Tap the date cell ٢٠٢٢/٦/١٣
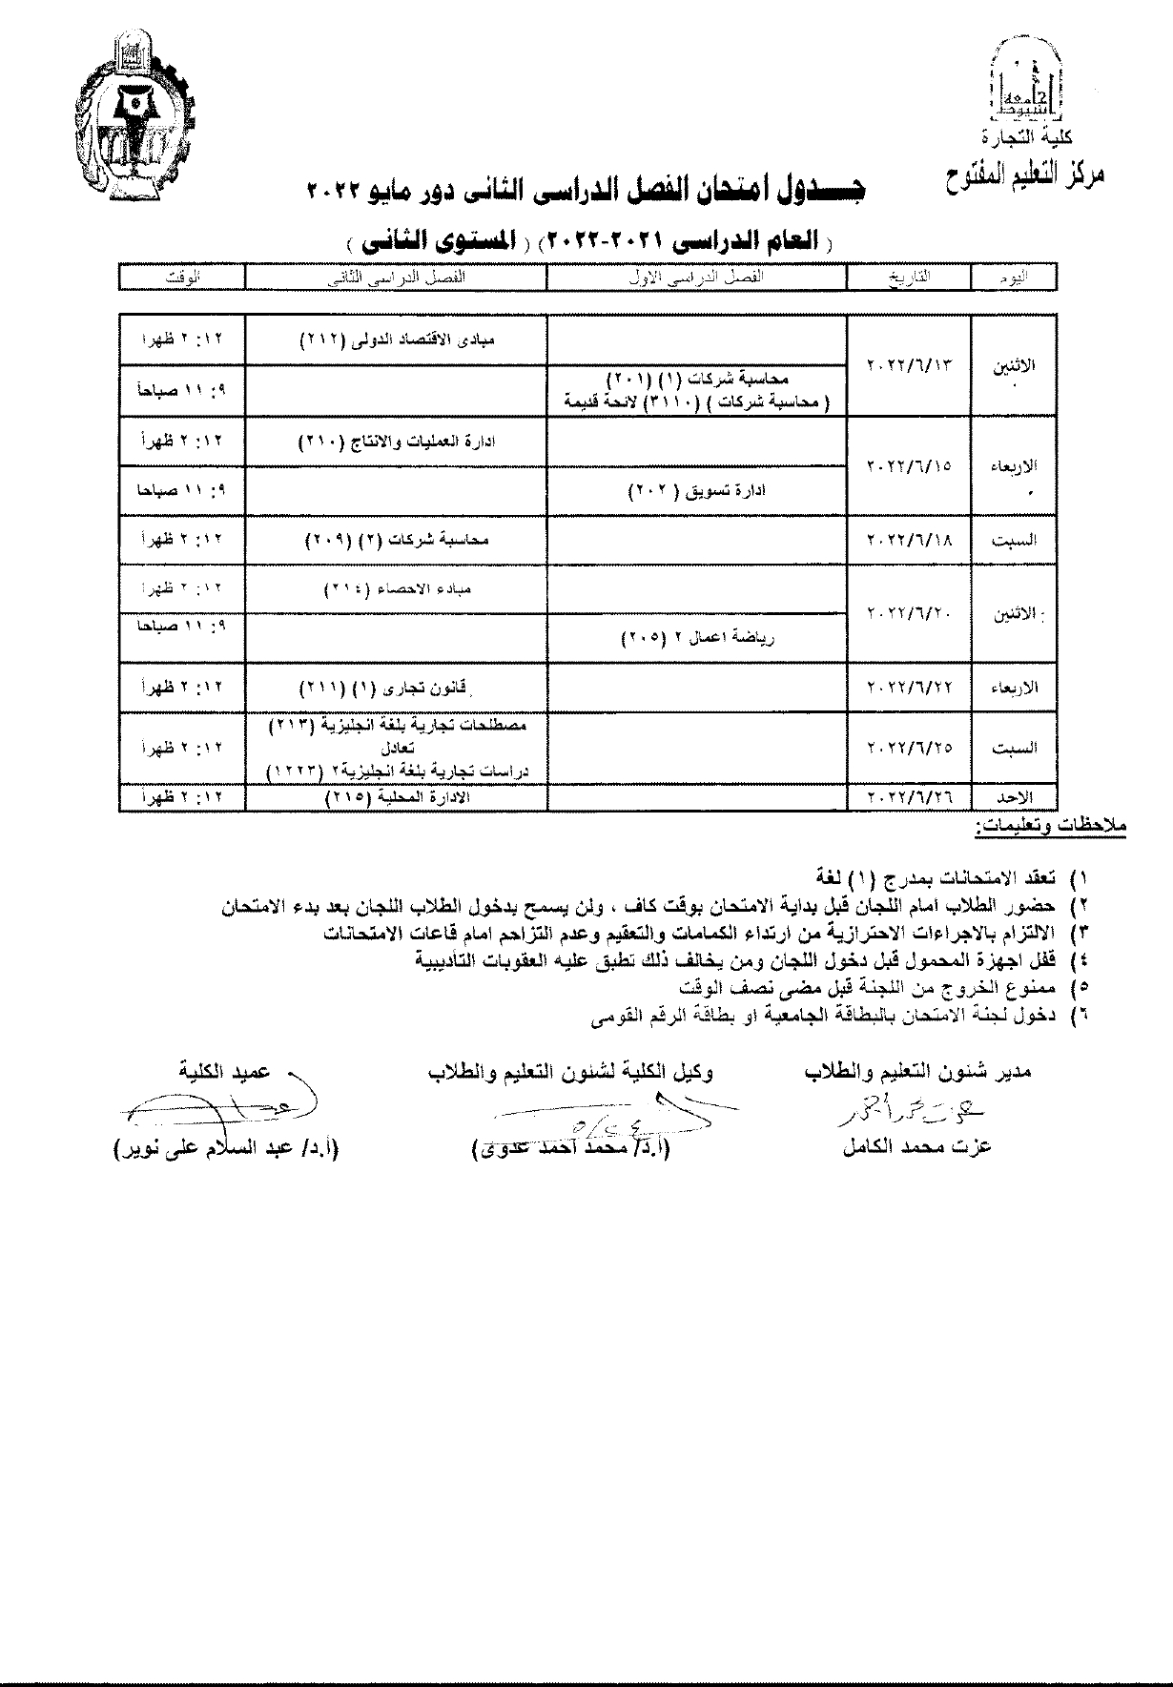tap(909, 365)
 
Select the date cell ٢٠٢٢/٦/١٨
tap(909, 540)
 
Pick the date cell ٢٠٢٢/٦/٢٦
tap(909, 796)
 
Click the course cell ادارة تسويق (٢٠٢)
tap(697, 491)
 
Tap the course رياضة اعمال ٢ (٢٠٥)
tap(697, 638)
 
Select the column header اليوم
tap(1013, 278)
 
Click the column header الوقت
tap(181, 278)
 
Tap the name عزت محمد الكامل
tap(916, 1147)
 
